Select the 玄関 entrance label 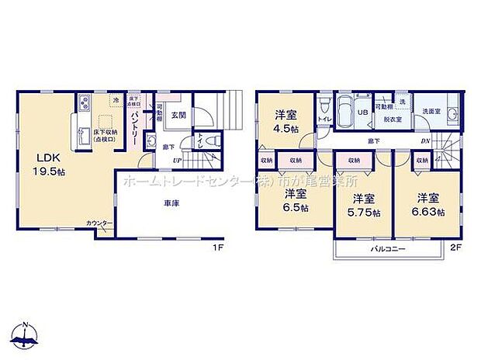pos(178,115)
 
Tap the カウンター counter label pos(99,224)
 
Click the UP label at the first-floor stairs pos(177,160)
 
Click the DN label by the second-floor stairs pos(425,140)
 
